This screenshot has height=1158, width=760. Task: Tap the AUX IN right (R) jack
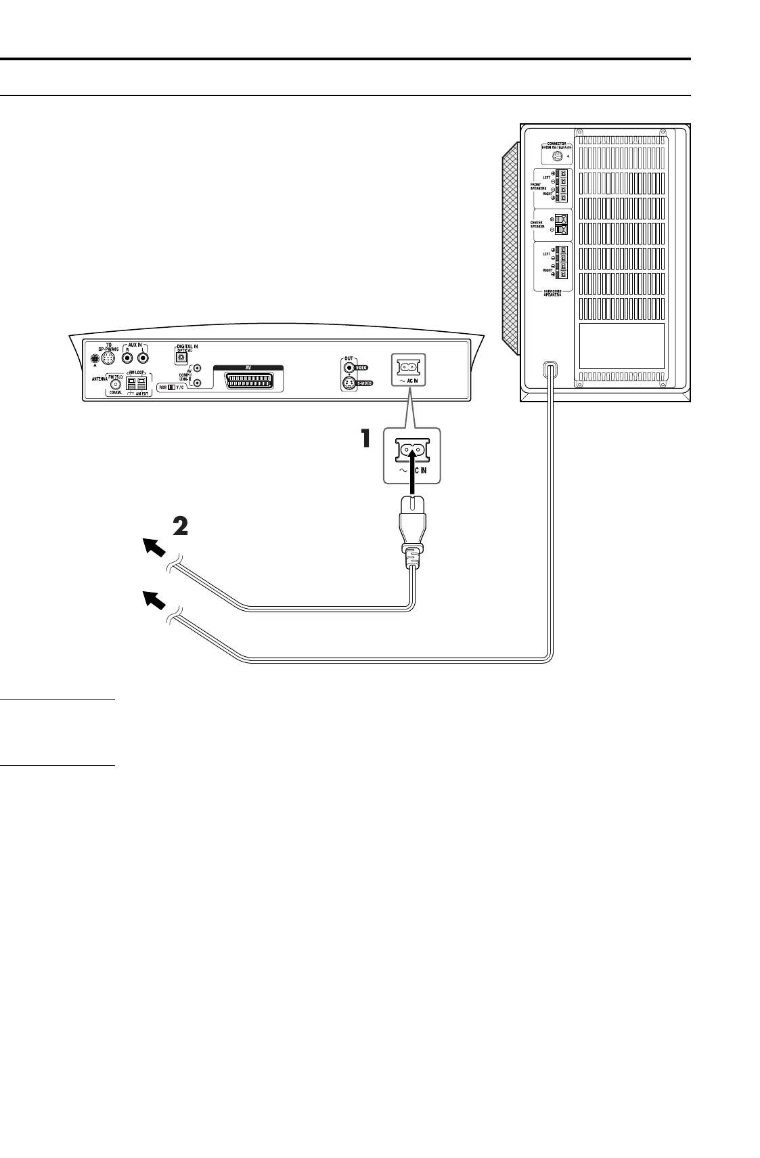click(x=127, y=359)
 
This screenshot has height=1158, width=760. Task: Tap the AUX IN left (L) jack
click(x=143, y=359)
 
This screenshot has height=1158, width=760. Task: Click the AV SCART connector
click(x=248, y=381)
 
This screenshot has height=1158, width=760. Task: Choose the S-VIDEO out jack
click(x=349, y=384)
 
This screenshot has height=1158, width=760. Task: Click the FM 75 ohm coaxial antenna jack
click(x=114, y=384)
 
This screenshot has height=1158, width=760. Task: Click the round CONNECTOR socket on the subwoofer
click(x=556, y=157)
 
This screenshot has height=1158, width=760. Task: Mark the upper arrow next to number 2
click(x=156, y=546)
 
